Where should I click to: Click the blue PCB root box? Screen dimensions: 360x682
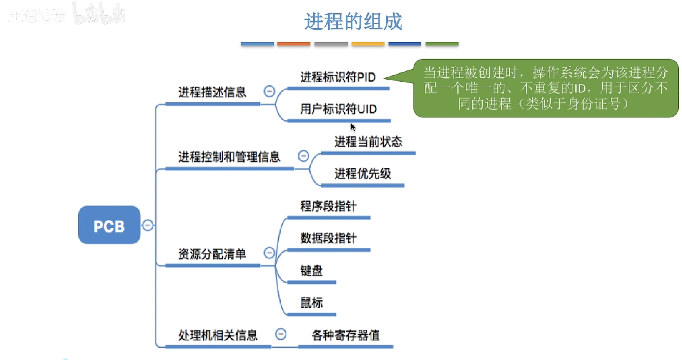pyautogui.click(x=109, y=225)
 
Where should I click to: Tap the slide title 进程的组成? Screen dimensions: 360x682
pyautogui.click(x=353, y=21)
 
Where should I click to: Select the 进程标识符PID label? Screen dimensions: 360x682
pyautogui.click(x=338, y=77)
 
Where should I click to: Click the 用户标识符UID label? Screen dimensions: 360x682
pyautogui.click(x=338, y=109)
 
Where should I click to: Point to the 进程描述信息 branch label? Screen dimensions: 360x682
pyautogui.click(x=212, y=92)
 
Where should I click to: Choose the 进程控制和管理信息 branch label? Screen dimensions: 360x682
pyautogui.click(x=229, y=157)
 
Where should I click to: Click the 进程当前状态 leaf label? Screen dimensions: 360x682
pyautogui.click(x=368, y=142)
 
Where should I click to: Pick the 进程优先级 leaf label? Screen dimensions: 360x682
pyautogui.click(x=363, y=174)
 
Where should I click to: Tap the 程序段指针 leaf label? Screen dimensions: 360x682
pyautogui.click(x=328, y=206)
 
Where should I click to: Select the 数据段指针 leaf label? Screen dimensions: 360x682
pyautogui.click(x=328, y=238)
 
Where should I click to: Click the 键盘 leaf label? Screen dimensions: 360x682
pyautogui.click(x=311, y=271)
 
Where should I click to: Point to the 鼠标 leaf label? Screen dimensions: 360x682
pyautogui.click(x=311, y=303)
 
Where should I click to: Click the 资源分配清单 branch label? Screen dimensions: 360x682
pyautogui.click(x=212, y=254)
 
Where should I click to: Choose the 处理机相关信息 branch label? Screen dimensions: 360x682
pyautogui.click(x=218, y=335)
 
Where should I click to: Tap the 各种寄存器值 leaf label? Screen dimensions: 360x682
pyautogui.click(x=346, y=335)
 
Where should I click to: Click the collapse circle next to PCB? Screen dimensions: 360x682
pyautogui.click(x=148, y=225)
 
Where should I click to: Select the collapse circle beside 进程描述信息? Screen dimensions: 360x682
pyautogui.click(x=269, y=91)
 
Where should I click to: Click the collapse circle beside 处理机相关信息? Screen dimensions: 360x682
pyautogui.click(x=281, y=334)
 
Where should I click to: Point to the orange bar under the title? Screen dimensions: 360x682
pyautogui.click(x=293, y=44)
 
